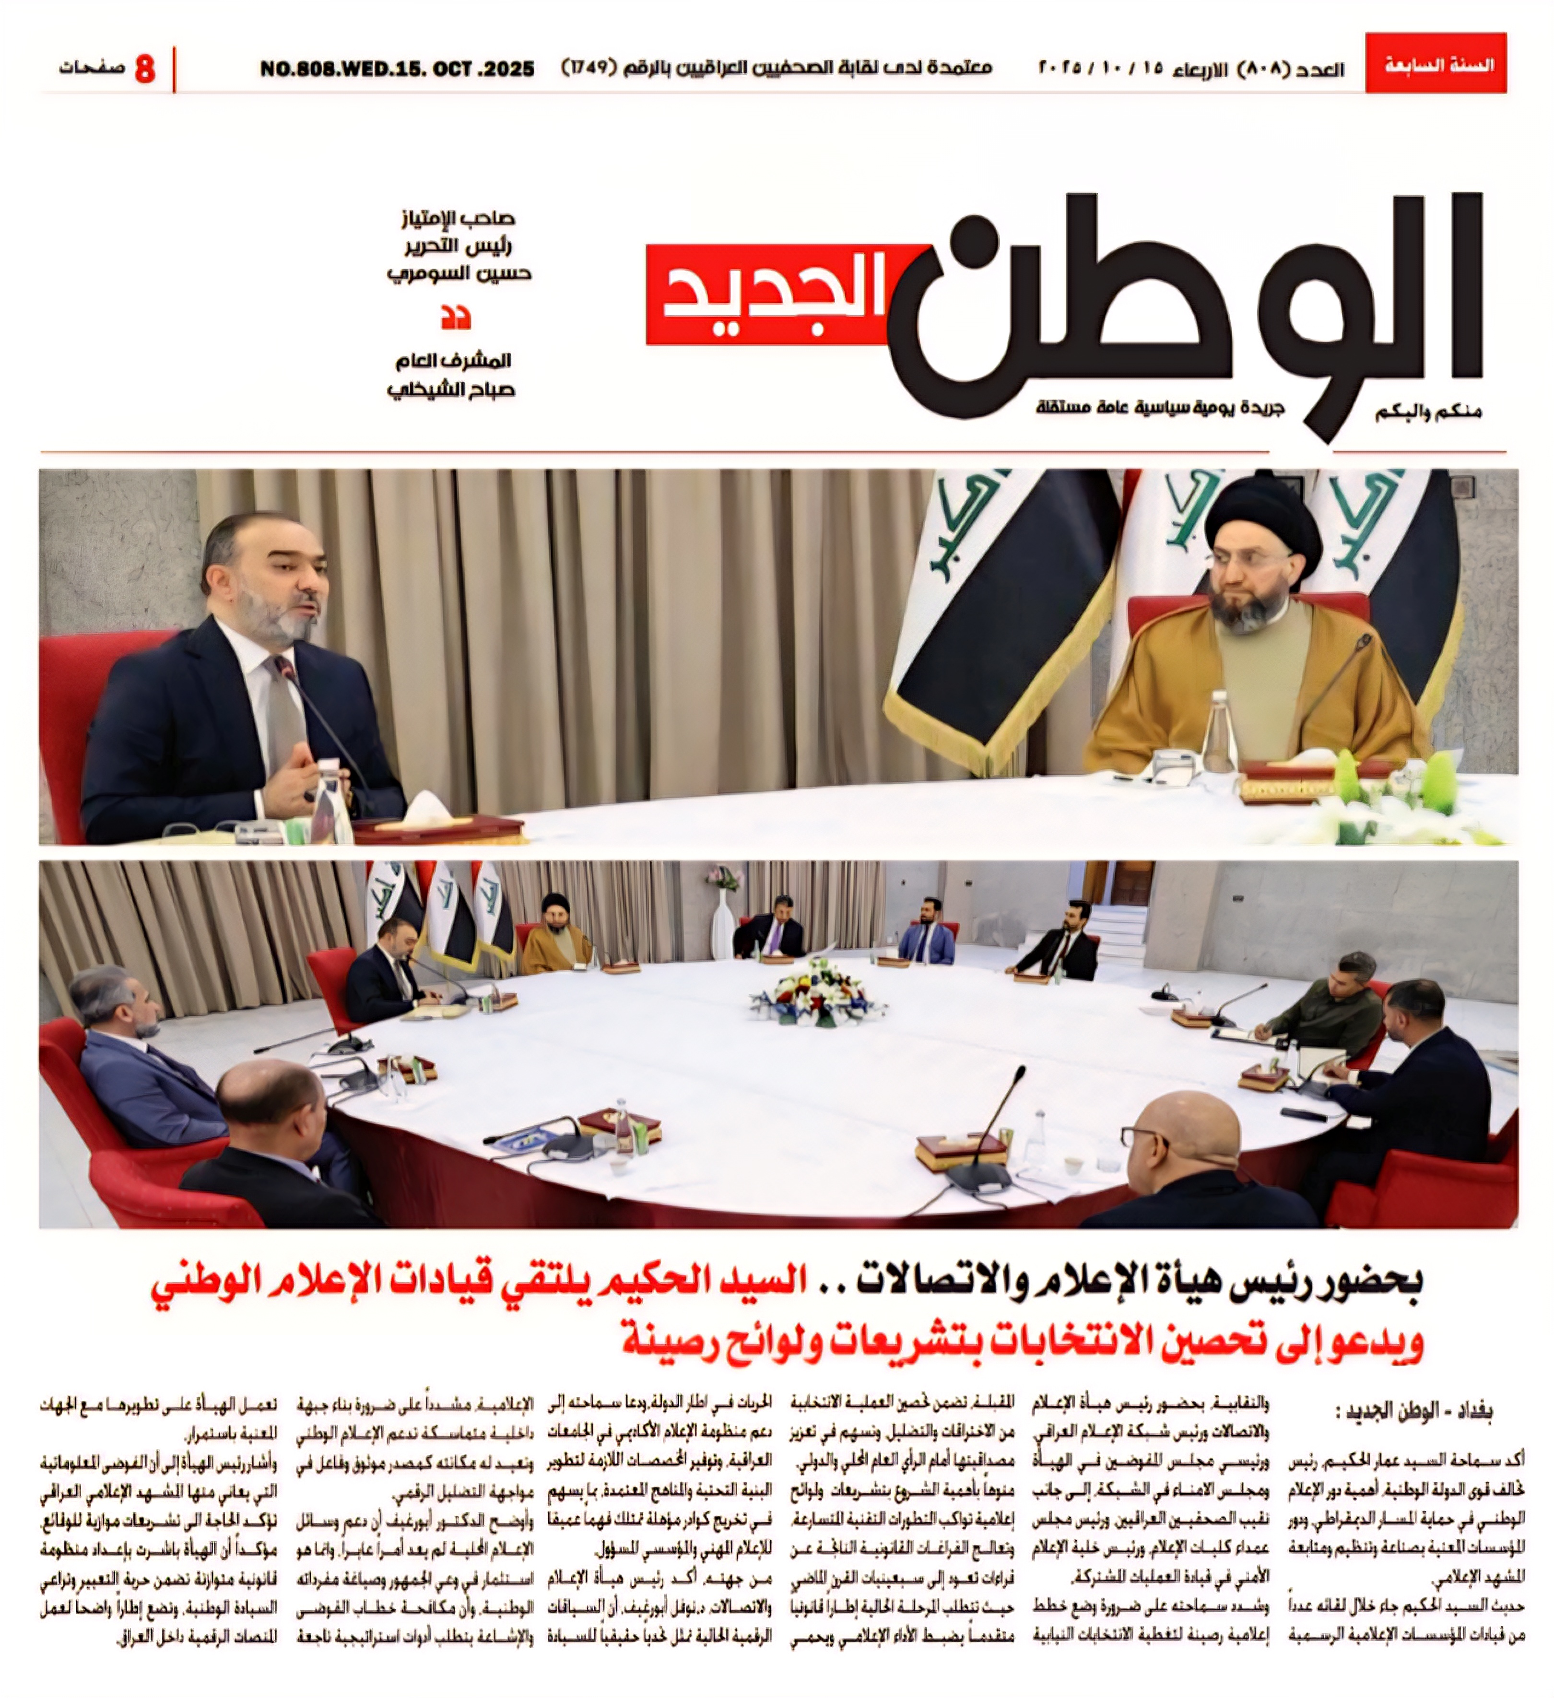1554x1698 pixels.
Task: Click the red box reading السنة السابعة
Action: pos(1435,64)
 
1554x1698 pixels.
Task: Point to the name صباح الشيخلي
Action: pos(451,390)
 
